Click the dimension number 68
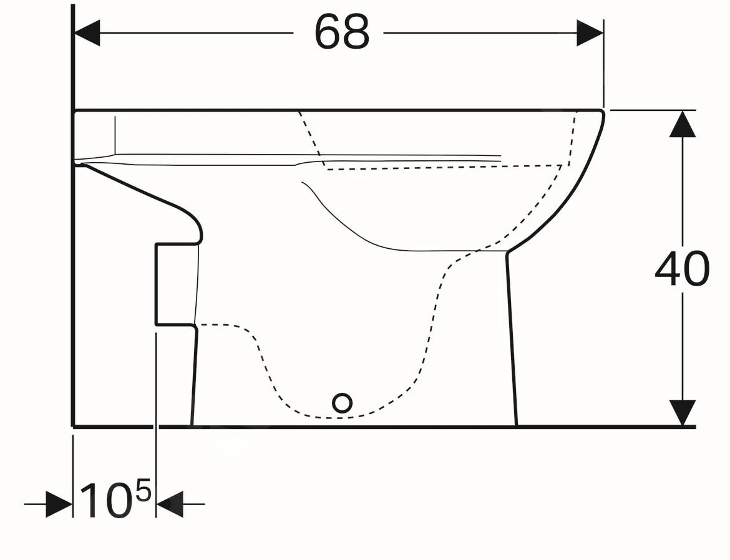342,32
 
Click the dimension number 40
682,269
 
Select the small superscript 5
143,492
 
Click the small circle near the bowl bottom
342,403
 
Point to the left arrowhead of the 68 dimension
87,32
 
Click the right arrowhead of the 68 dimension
590,32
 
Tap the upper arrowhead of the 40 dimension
683,124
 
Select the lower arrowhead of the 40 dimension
683,412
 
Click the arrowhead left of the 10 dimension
59,504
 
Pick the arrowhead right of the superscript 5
170,504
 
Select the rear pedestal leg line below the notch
194,374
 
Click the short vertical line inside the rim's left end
115,134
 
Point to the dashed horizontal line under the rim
443,167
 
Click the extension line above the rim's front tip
603,69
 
